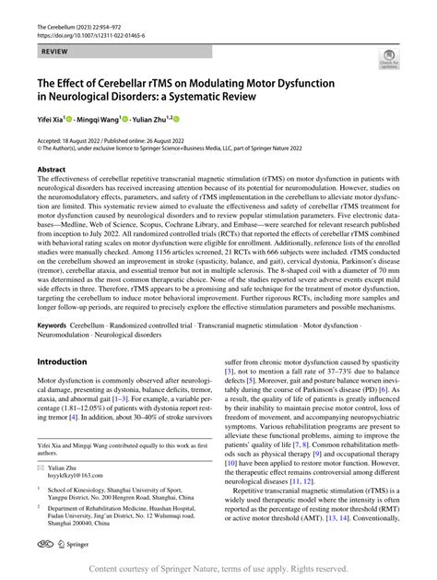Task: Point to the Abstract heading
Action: [x=51, y=171]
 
